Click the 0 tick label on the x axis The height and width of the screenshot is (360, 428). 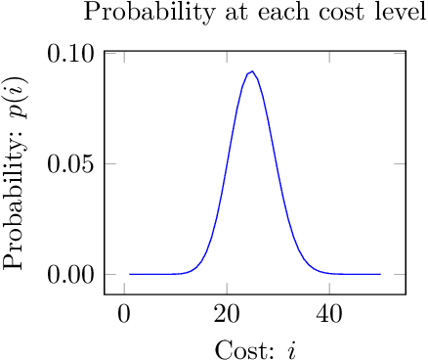[124, 313]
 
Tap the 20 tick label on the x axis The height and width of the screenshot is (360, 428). [227, 313]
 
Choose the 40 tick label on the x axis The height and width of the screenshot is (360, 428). [329, 313]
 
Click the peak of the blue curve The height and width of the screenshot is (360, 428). [252, 70]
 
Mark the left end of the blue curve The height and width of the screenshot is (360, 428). [129, 274]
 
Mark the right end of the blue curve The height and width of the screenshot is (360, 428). [380, 274]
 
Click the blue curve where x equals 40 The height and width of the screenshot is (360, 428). [329, 273]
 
